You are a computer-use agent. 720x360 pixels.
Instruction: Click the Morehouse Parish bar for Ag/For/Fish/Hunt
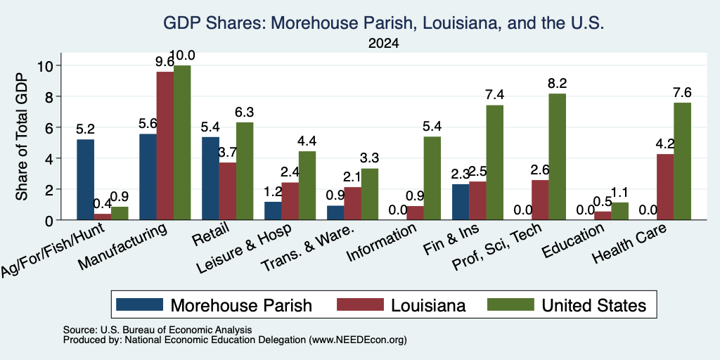coord(85,179)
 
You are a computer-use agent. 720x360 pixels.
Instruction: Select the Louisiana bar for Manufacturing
coord(165,146)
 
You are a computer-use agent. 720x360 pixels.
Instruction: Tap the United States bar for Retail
coord(244,172)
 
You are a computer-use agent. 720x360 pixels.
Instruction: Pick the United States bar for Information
coord(432,178)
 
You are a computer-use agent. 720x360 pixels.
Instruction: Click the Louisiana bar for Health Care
coord(665,187)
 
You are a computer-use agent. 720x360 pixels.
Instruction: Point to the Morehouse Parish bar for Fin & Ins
coord(461,202)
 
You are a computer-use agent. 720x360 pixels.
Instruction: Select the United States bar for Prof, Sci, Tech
coord(557,157)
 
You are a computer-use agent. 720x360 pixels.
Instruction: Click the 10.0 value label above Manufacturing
coord(182,56)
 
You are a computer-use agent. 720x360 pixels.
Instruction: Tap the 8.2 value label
coord(557,83)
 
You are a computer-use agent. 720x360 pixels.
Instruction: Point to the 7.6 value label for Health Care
coord(682,92)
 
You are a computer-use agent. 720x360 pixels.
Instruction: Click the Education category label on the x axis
coord(572,241)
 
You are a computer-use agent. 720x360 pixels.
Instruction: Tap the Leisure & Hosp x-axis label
coord(244,248)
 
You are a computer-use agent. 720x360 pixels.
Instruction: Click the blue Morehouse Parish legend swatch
coord(140,304)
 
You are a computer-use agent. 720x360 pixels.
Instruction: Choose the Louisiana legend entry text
coord(428,305)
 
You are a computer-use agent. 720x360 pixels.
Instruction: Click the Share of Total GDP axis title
coord(22,136)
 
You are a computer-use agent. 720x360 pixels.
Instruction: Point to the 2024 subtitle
coord(383,44)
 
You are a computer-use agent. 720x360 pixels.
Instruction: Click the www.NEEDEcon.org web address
coord(358,340)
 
